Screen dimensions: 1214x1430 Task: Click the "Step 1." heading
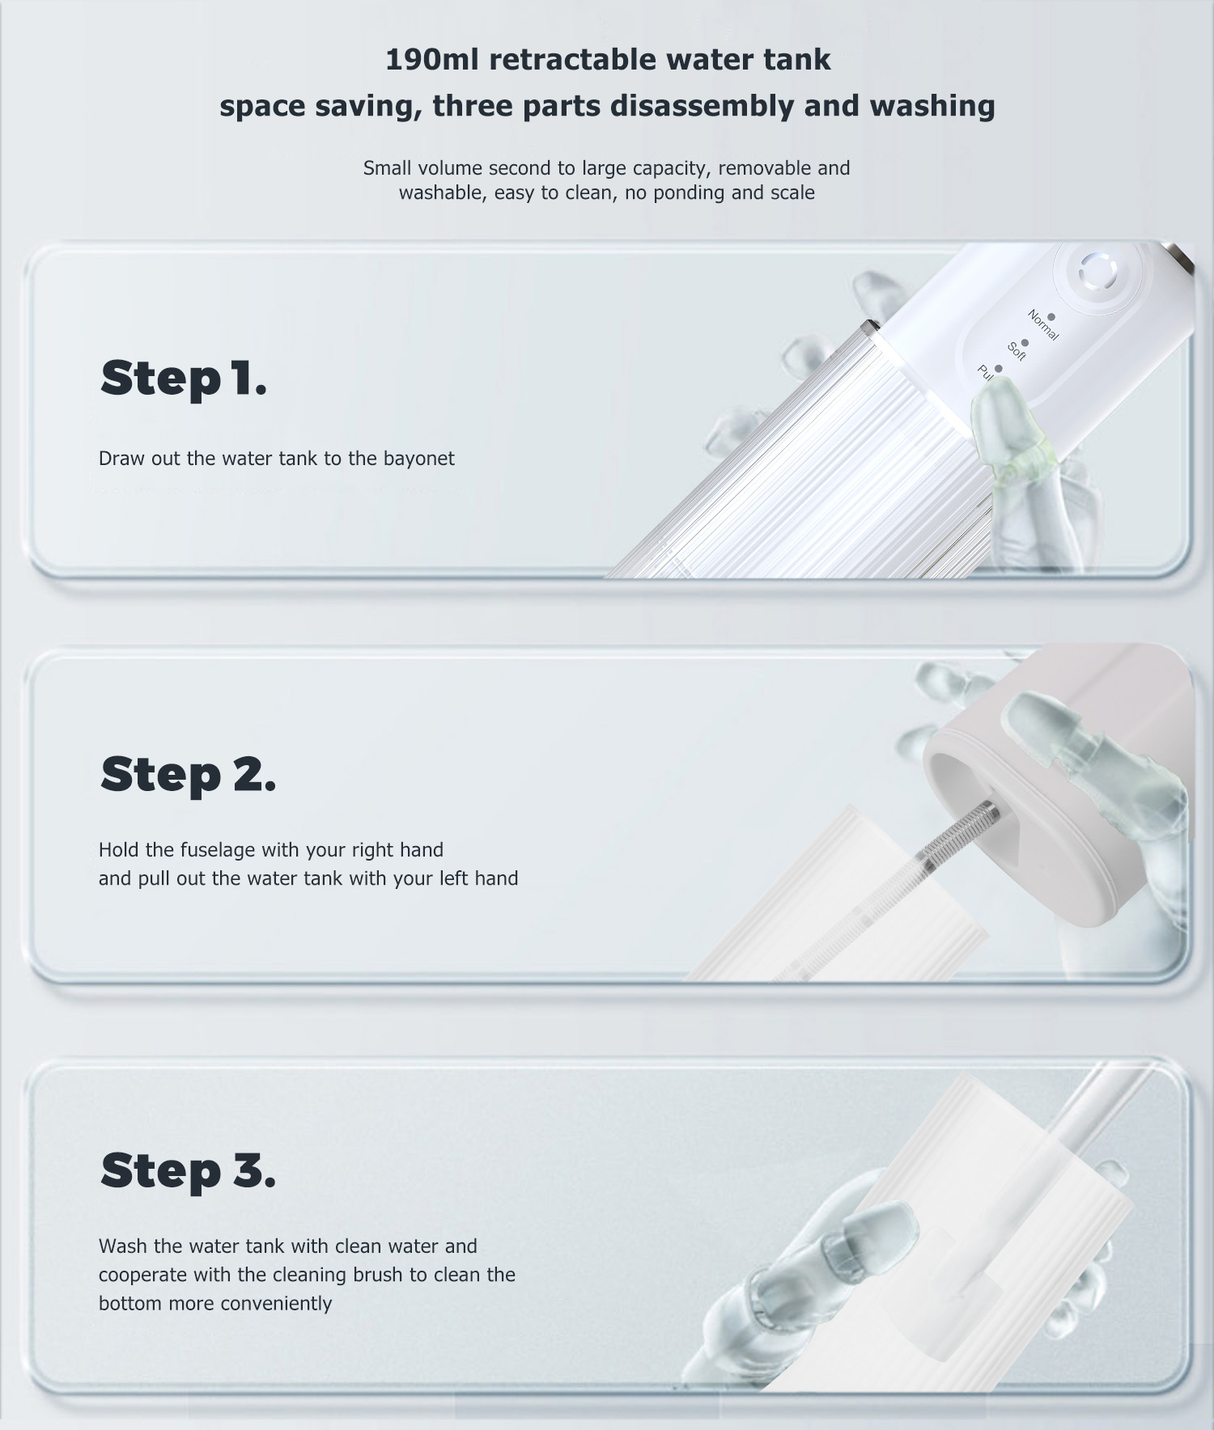click(x=183, y=378)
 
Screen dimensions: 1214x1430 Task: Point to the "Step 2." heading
click(x=188, y=774)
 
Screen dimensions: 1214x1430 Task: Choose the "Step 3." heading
click(x=188, y=1170)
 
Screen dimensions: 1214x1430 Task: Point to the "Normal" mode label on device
click(x=1042, y=325)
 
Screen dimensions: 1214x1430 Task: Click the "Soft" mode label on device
click(x=1017, y=351)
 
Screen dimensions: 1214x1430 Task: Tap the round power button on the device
click(x=1097, y=273)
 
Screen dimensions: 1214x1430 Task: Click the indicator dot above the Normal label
click(x=1051, y=317)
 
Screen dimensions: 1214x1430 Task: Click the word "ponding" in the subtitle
click(x=687, y=193)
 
